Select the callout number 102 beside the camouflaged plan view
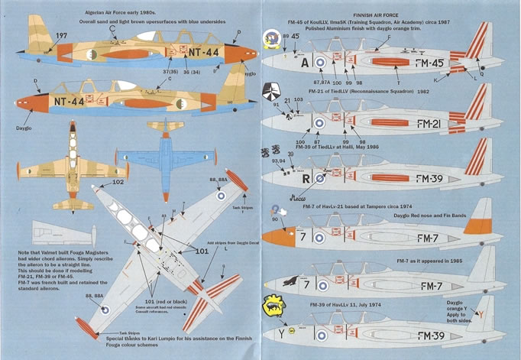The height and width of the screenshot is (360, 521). pyautogui.click(x=118, y=183)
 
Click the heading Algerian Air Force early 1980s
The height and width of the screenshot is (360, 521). pyautogui.click(x=115, y=13)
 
